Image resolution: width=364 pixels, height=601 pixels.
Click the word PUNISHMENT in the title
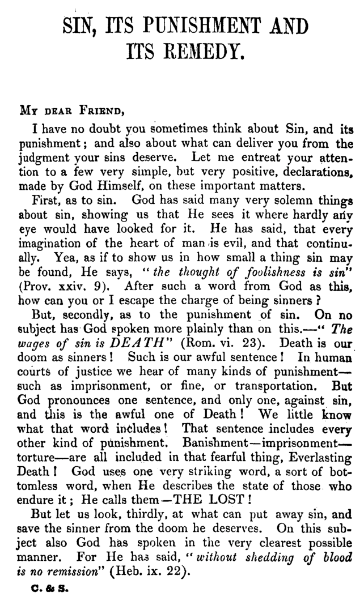[209, 27]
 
